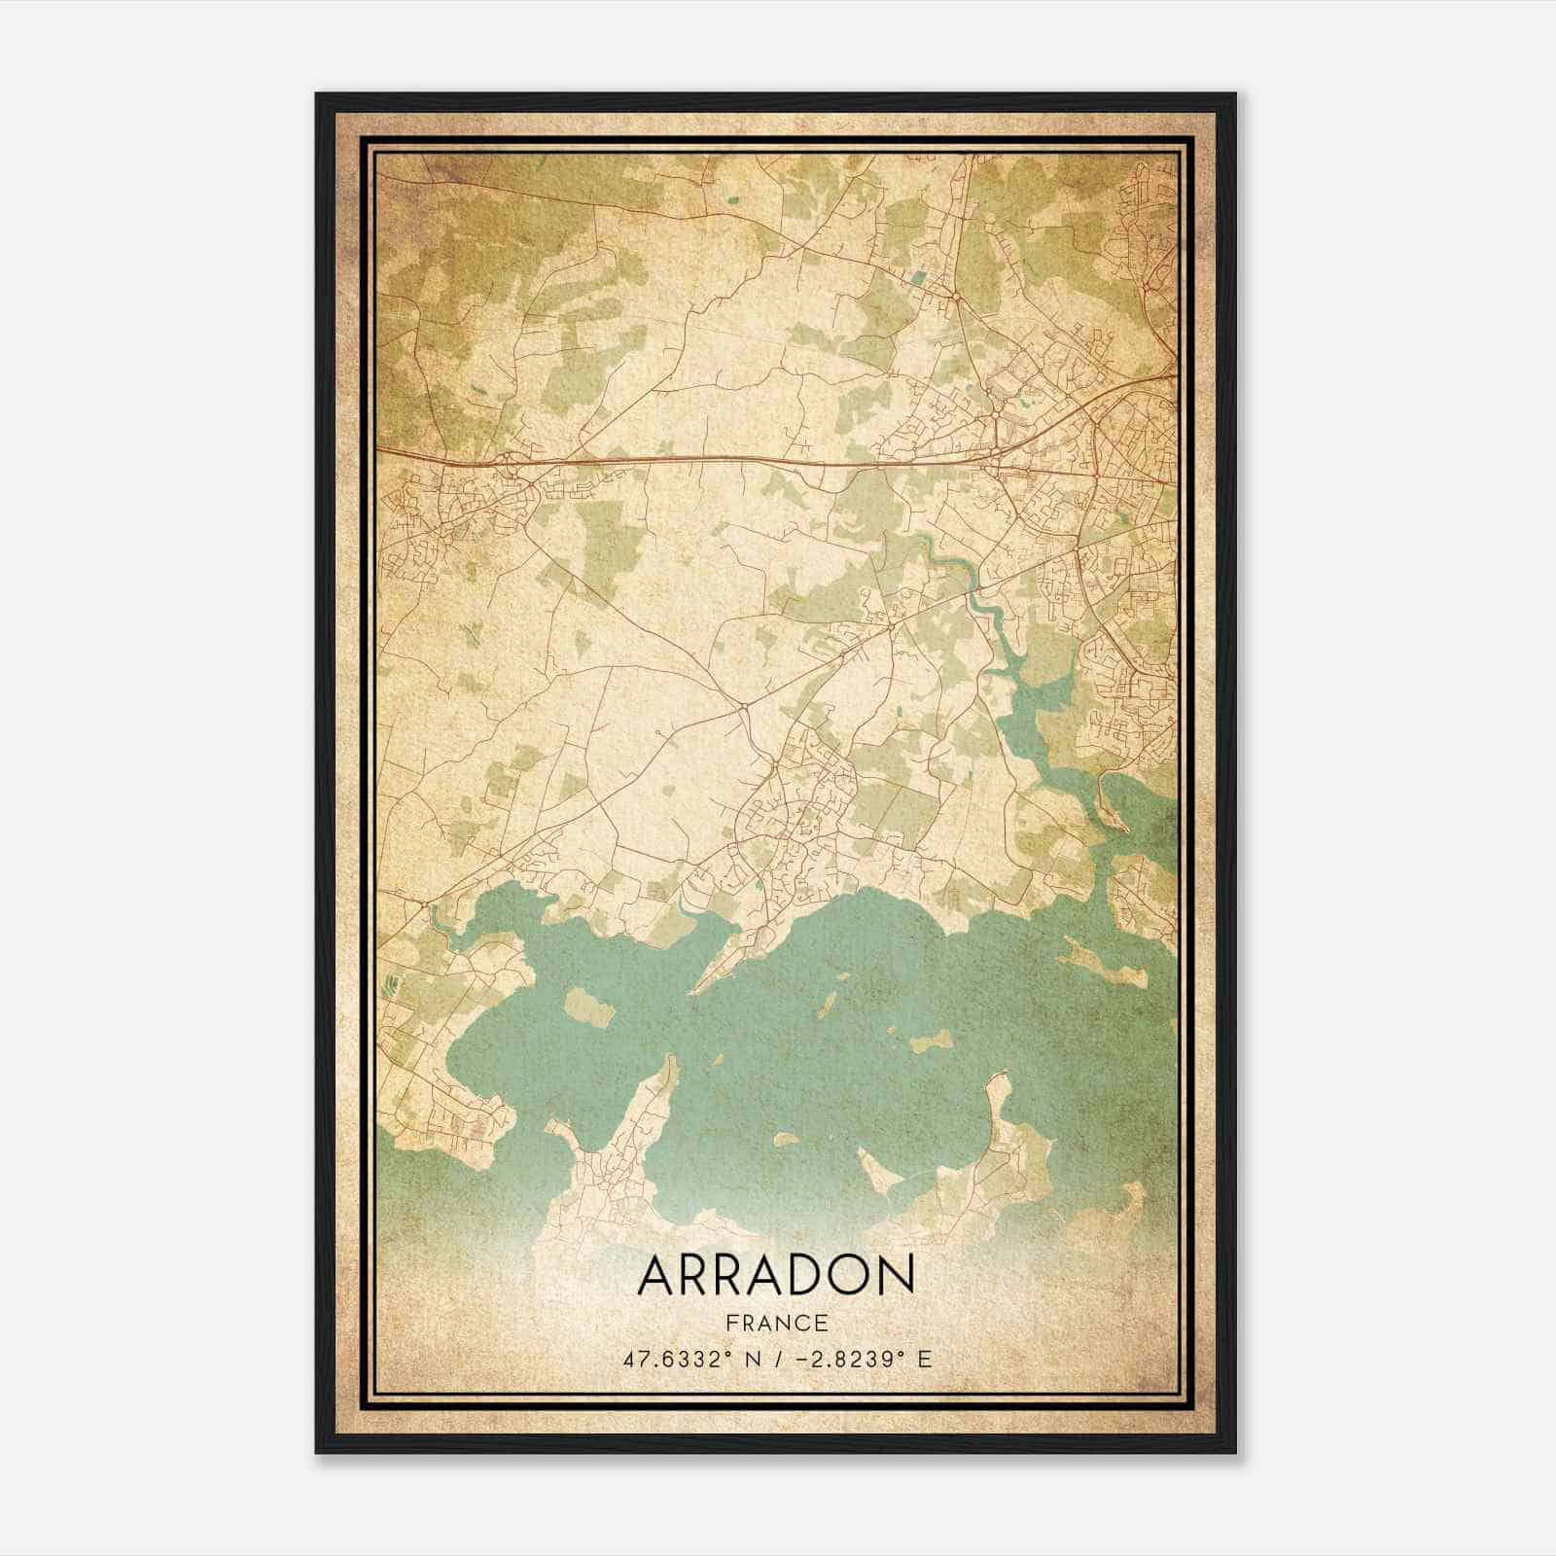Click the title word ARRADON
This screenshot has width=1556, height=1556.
[776, 1275]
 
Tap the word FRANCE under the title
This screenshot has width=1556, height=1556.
[776, 1324]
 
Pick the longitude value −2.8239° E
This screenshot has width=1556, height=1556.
[857, 1359]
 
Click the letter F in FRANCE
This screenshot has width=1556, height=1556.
[731, 1324]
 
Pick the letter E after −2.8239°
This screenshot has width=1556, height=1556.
[925, 1359]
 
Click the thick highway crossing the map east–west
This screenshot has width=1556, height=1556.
[681, 457]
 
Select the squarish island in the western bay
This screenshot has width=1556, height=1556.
[590, 1007]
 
